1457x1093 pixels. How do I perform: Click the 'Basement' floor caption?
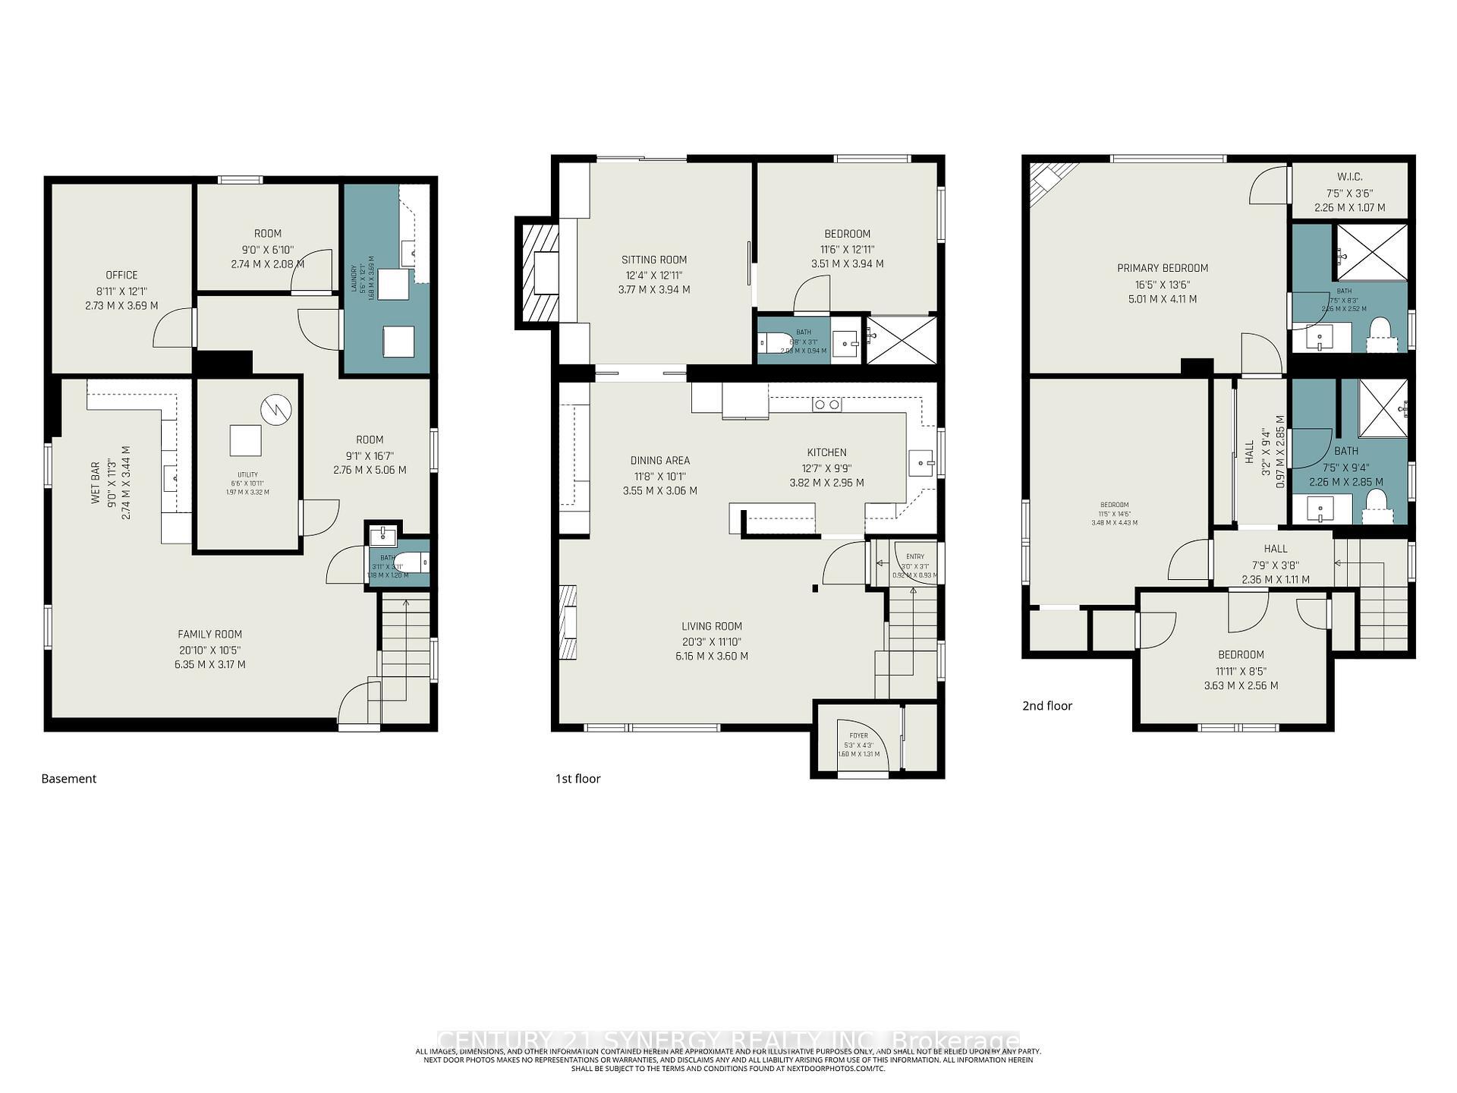(x=68, y=779)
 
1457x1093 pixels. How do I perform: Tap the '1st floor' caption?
(x=577, y=779)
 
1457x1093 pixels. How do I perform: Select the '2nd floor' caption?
(x=1046, y=706)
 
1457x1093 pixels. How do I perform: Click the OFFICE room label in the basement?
(x=121, y=276)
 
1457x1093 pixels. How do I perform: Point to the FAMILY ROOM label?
(x=209, y=635)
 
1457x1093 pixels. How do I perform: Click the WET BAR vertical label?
(x=96, y=483)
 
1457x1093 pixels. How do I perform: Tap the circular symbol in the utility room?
(x=275, y=410)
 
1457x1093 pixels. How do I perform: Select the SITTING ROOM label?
(x=653, y=260)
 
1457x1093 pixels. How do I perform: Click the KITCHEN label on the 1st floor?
(x=826, y=452)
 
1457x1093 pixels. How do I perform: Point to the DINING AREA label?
(x=659, y=461)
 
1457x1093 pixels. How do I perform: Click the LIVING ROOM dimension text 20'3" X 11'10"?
(x=711, y=641)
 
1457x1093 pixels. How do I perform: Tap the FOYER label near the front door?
(x=858, y=735)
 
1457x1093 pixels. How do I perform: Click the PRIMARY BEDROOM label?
(x=1162, y=268)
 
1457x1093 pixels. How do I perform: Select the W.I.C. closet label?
(x=1349, y=177)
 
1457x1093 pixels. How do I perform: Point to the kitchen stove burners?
(x=826, y=405)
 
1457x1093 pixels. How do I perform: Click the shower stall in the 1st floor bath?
(x=901, y=339)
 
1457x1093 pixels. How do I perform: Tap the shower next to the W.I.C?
(x=1370, y=251)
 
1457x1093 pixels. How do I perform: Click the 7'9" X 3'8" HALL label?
(x=1275, y=549)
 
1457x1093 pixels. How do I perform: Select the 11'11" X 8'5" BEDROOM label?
(x=1241, y=655)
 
